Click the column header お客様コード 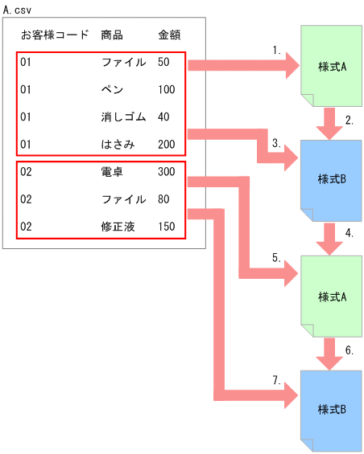(55, 35)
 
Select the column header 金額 (170, 35)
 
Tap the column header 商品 (112, 35)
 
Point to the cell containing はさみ (118, 145)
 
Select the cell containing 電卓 (112, 172)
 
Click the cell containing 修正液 (118, 227)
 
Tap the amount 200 (168, 145)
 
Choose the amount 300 (167, 172)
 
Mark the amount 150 (167, 227)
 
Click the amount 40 (164, 117)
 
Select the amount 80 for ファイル (164, 199)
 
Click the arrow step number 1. (276, 49)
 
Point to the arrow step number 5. (276, 258)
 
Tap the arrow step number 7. (276, 379)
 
